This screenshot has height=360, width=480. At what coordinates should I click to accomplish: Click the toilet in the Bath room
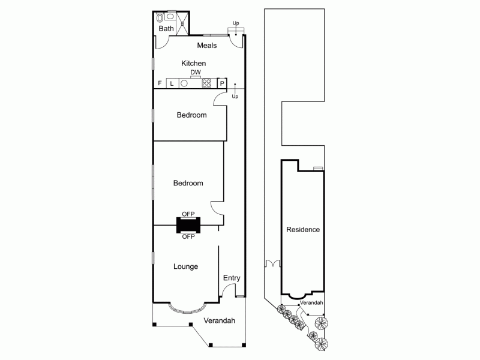coord(160,18)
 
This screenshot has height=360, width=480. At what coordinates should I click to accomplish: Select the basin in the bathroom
coord(170,14)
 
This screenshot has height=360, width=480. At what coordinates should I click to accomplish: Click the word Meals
coord(206,46)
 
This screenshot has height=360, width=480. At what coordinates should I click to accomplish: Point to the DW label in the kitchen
coord(195,72)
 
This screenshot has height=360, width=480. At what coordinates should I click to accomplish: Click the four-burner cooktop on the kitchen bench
coord(206,83)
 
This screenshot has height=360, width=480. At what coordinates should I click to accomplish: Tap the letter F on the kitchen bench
coord(160,83)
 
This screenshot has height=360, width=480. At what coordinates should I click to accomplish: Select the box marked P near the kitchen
coord(222,83)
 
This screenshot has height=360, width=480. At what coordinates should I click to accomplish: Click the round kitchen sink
coord(184,83)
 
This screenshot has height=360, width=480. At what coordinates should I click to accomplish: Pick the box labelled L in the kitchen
coord(172,83)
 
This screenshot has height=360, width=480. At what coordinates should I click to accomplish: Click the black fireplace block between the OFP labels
coord(188,225)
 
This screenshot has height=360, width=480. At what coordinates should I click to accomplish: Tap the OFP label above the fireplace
coord(188,214)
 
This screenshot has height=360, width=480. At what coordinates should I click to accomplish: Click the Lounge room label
coord(185,266)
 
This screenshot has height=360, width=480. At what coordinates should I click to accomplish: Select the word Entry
coord(232,278)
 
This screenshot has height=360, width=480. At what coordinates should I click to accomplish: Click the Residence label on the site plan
coord(302,229)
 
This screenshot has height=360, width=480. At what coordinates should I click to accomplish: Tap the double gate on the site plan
coord(273,263)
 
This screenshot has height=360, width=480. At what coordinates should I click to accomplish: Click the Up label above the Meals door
coord(236,23)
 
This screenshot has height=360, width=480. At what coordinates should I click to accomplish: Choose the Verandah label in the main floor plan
coord(219,320)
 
